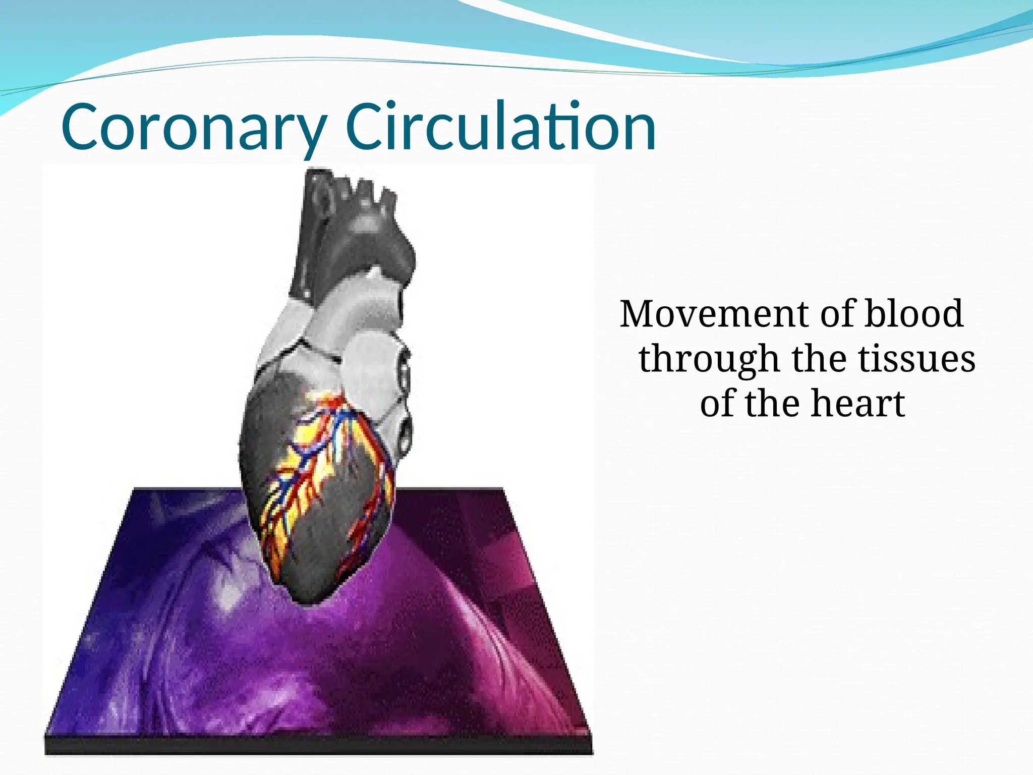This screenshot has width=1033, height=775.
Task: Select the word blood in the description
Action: [x=913, y=314]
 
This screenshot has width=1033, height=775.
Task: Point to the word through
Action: [x=709, y=359]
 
